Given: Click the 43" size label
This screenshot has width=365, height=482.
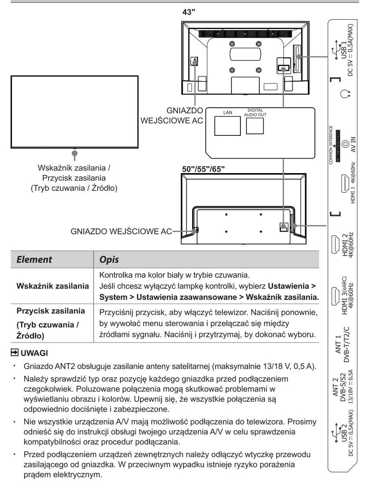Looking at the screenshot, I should pyautogui.click(x=188, y=12).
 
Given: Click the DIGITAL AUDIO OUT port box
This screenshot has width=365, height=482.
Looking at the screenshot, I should pyautogui.click(x=254, y=126).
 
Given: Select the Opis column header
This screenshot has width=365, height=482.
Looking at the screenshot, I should pyautogui.click(x=109, y=259).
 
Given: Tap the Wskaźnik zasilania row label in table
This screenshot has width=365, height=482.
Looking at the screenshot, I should pyautogui.click(x=53, y=287).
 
